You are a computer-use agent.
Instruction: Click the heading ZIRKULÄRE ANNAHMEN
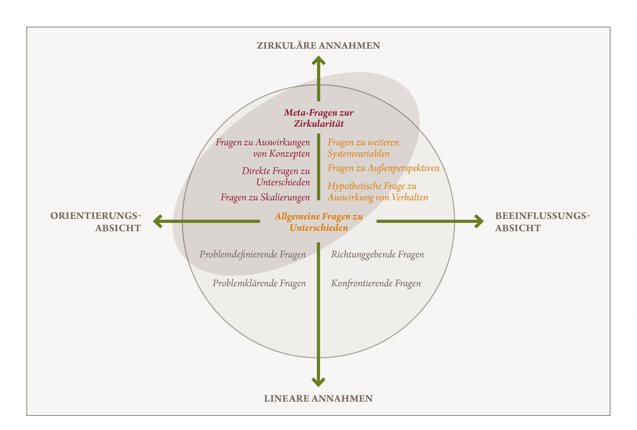318,45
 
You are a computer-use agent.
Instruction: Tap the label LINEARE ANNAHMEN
318,398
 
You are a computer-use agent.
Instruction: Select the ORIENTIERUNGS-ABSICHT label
96,222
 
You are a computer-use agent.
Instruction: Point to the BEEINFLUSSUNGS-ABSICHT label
542,222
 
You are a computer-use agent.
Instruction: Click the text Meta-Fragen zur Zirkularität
318,118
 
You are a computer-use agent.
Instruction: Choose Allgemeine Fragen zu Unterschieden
318,222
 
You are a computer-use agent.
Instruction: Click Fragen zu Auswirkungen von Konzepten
263,148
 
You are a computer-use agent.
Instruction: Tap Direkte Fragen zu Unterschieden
276,176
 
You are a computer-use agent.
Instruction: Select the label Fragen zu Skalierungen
265,197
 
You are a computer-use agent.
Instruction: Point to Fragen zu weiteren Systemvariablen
363,148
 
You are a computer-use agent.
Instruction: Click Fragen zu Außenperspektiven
383,168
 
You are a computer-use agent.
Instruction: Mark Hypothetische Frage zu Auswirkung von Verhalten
378,191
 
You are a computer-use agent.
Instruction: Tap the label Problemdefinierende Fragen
252,254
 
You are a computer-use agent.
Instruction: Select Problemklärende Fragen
259,283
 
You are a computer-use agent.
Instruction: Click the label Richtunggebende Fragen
377,254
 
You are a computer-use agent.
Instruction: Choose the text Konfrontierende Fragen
376,283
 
